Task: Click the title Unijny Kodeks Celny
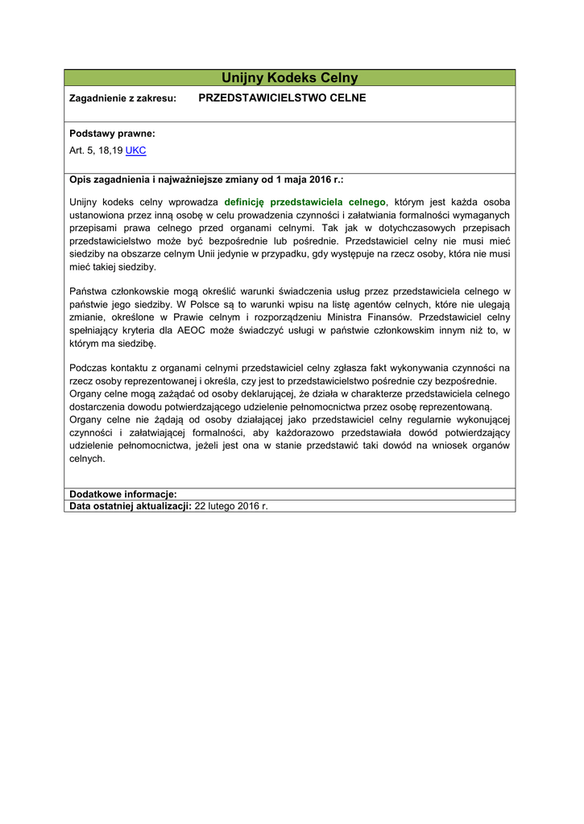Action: click(x=290, y=78)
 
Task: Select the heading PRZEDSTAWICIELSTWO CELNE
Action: click(x=282, y=98)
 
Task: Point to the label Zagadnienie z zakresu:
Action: click(x=122, y=99)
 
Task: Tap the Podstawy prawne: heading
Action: click(x=112, y=134)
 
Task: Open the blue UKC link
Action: click(x=135, y=150)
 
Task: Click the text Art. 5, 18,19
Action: click(x=96, y=150)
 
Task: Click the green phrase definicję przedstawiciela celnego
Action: click(x=305, y=202)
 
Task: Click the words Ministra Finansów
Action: click(x=374, y=317)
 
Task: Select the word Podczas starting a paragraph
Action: click(x=90, y=368)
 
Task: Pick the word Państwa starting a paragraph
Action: click(x=89, y=290)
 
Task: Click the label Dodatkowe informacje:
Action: click(x=122, y=494)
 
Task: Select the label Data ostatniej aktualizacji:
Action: click(x=130, y=506)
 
